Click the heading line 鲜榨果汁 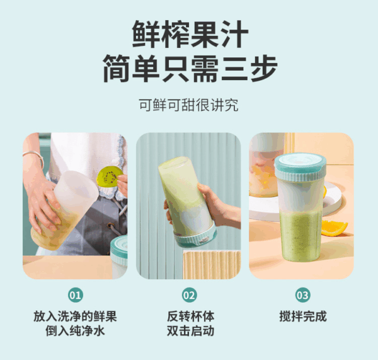pos(189,32)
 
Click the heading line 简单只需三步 pos(189,67)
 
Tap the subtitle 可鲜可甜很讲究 pos(189,105)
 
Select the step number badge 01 pos(75,294)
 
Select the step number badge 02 pos(189,294)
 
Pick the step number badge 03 pos(302,294)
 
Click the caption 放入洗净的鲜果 pos(75,316)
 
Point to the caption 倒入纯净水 pos(75,331)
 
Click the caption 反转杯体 pos(189,316)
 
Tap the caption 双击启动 pos(189,331)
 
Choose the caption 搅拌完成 pos(302,316)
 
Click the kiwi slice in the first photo pos(110,177)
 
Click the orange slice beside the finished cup pos(333,226)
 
